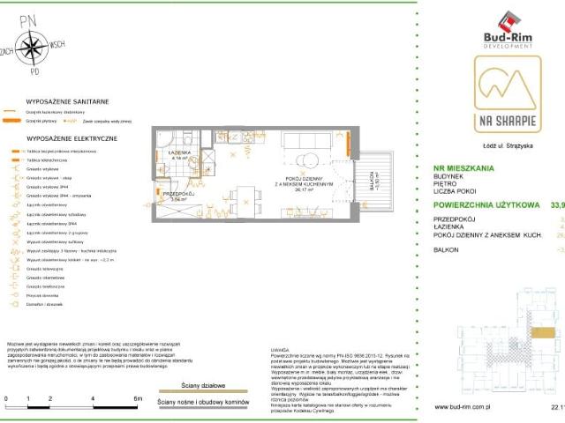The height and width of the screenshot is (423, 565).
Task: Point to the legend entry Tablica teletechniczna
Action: [x=47, y=160]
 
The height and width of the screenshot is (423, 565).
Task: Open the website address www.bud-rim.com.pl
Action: [x=468, y=407]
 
